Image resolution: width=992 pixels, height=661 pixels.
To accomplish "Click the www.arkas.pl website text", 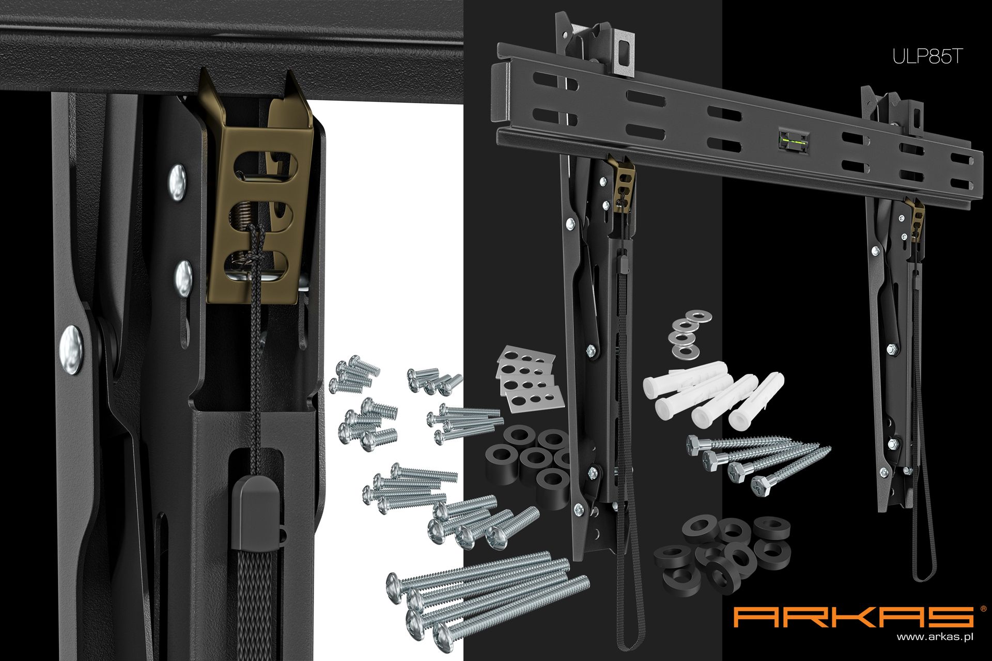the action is (x=935, y=637).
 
